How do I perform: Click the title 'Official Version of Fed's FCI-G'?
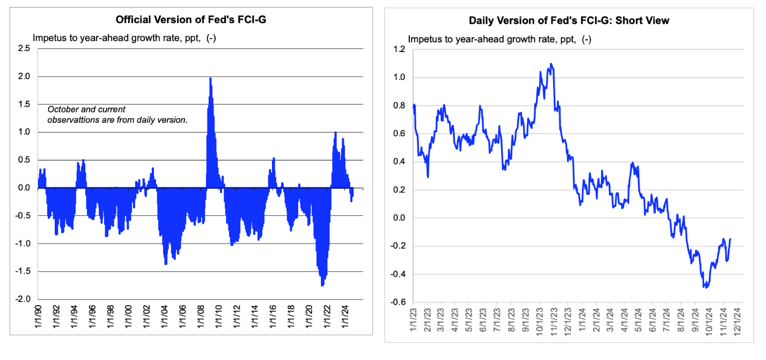coord(191,20)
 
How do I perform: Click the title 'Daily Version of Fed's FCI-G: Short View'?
coord(569,21)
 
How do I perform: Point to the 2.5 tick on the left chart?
coord(24,48)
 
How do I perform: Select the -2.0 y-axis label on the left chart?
coord(23,299)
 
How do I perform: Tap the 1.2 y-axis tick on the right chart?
coord(400,49)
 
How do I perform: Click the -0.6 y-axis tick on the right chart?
coord(398,302)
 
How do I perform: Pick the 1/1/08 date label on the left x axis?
coord(201,316)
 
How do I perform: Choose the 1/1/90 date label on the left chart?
coord(38,316)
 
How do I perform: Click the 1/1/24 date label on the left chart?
coord(345,316)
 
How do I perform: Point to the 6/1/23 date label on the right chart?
coord(483,320)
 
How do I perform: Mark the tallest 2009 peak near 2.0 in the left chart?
coord(210,78)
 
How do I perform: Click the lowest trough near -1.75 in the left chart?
coord(322,285)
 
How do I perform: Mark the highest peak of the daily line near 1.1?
coord(550,64)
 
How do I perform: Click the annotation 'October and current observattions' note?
coord(117,114)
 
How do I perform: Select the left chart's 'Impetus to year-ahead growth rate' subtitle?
coord(124,38)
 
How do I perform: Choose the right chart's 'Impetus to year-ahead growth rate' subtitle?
coord(499,39)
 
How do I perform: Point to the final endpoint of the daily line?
coord(730,239)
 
